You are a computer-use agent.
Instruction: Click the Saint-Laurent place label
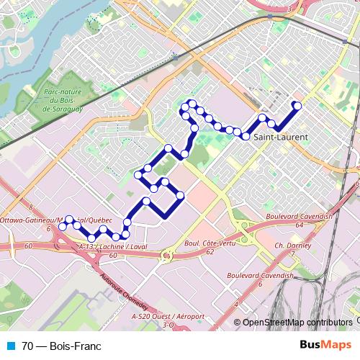[281, 137]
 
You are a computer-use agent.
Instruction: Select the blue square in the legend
[12, 346]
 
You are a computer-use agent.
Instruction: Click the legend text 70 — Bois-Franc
[62, 346]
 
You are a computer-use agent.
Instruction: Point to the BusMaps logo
[325, 345]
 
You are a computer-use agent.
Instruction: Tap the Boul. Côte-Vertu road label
[210, 245]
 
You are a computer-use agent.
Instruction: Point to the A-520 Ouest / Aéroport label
[168, 317]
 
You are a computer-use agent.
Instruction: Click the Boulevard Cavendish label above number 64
[298, 217]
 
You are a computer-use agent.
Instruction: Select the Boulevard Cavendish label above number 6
[260, 276]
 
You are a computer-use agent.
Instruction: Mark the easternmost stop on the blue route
[297, 107]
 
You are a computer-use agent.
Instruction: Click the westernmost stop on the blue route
[63, 226]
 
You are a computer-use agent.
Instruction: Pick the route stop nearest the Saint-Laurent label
[246, 136]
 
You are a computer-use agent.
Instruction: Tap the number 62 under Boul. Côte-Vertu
[210, 253]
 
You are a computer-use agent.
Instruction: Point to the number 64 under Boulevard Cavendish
[297, 225]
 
